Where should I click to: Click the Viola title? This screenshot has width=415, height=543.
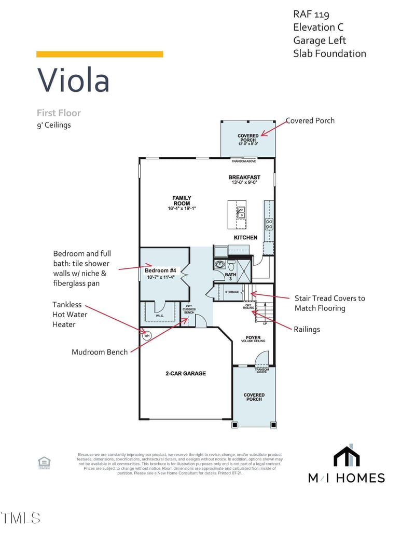click(73, 80)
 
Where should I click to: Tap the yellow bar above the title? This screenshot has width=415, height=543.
click(100, 54)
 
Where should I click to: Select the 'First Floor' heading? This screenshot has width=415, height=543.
click(59, 113)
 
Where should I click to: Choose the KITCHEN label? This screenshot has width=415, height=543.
click(245, 237)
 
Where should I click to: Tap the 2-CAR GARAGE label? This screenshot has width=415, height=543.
click(186, 373)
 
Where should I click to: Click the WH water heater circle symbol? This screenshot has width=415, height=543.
click(146, 335)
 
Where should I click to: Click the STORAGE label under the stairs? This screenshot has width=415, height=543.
click(232, 292)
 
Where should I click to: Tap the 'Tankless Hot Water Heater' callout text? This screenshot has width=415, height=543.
click(70, 315)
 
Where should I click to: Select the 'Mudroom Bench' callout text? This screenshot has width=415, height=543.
click(100, 352)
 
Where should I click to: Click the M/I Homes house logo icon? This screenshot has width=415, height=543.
click(347, 457)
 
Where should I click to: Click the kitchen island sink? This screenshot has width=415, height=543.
click(241, 212)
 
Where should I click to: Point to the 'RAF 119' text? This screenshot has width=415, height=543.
click(311, 15)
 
